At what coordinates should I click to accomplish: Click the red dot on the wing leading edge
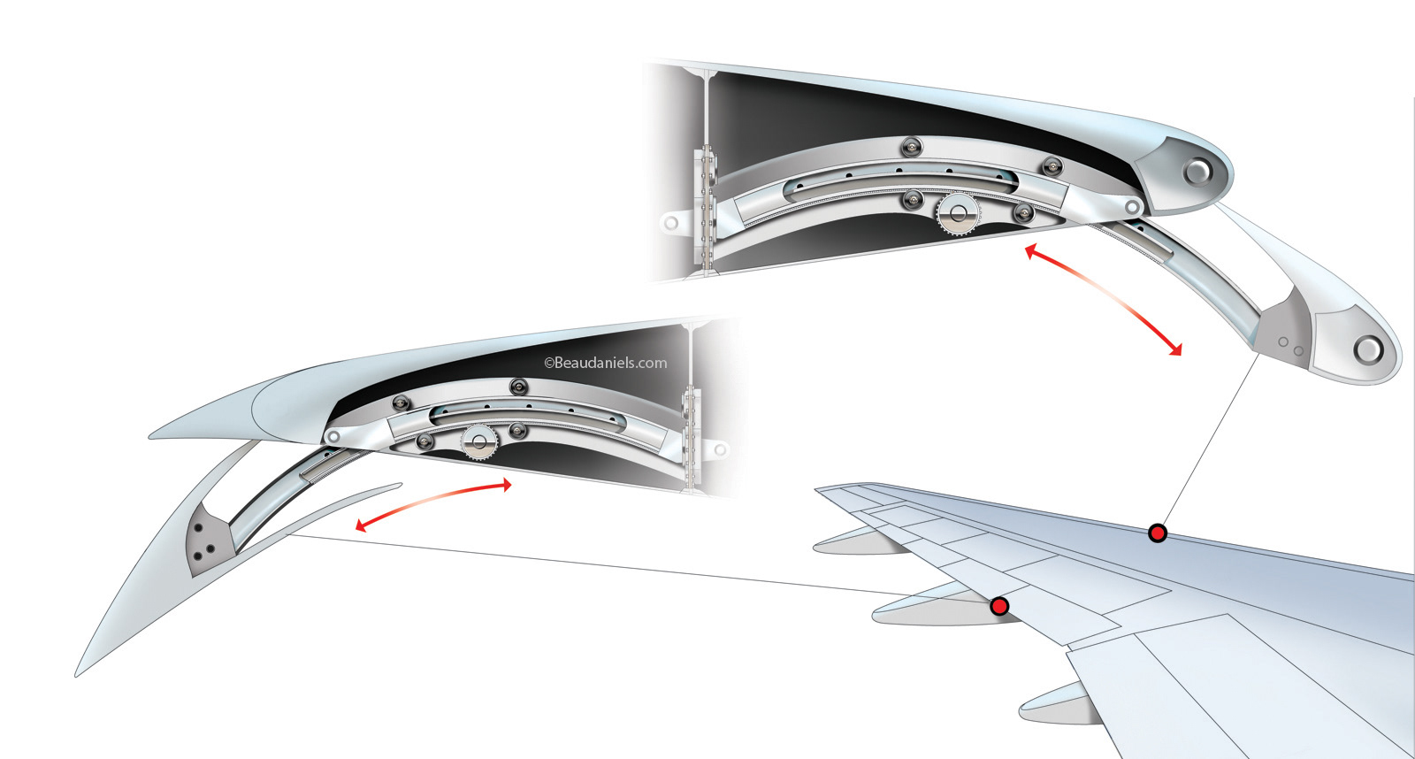1157,533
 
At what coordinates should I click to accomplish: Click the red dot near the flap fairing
999,606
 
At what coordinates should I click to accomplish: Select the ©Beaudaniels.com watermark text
606,363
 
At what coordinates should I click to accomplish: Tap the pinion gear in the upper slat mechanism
957,214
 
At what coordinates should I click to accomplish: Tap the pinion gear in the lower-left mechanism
479,441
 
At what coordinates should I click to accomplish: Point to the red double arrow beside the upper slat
1103,301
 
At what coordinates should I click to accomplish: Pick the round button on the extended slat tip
1367,349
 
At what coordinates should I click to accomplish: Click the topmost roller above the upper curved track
912,146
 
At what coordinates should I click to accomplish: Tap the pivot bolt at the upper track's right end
1131,207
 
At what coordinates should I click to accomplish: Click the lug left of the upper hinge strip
671,222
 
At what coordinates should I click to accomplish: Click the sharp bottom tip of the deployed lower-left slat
78,674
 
